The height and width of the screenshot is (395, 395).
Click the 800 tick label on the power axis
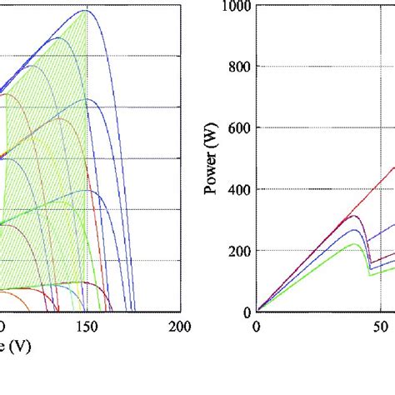[x=237, y=67]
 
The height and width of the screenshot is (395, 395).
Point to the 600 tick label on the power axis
[x=237, y=128]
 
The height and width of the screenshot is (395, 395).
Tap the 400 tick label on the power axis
[x=237, y=189]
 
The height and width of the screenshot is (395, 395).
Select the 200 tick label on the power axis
[x=237, y=251]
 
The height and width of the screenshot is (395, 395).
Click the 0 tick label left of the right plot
[x=245, y=312]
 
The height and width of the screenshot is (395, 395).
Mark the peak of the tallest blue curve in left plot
[x=85, y=11]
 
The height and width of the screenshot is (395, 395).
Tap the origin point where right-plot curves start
[x=257, y=312]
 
